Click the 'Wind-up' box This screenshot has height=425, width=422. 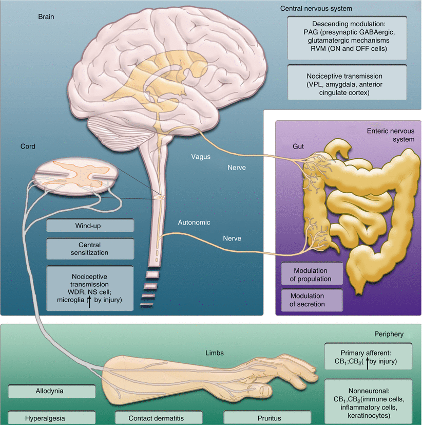(x=90, y=226)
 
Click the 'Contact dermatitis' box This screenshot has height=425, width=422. (x=155, y=417)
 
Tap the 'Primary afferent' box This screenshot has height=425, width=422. (x=368, y=356)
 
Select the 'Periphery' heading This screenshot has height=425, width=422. (x=389, y=334)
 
